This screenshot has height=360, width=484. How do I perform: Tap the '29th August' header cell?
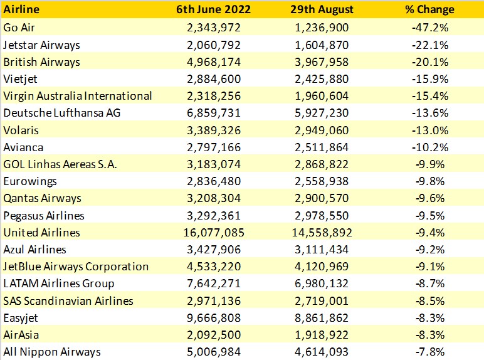click(x=323, y=10)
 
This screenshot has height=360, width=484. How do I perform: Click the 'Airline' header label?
click(x=21, y=10)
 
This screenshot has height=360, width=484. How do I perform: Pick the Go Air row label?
click(x=19, y=28)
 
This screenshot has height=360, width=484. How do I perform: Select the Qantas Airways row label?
click(x=42, y=198)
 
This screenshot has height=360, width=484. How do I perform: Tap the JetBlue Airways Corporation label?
click(x=76, y=267)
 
